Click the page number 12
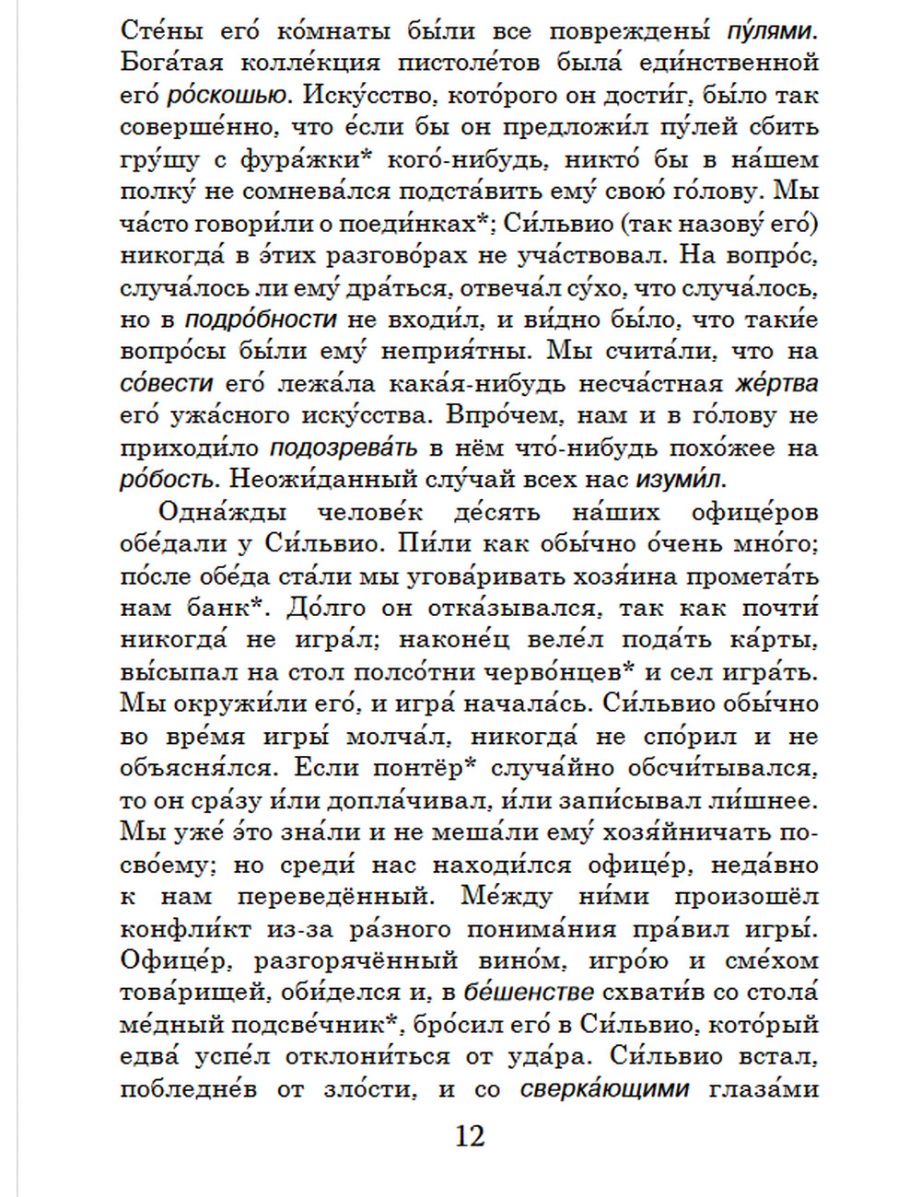(469, 1136)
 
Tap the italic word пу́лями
(772, 31)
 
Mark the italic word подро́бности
(261, 320)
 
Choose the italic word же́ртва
(776, 383)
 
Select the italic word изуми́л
(681, 480)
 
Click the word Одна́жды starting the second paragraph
(222, 512)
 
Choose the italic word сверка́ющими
(604, 1089)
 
